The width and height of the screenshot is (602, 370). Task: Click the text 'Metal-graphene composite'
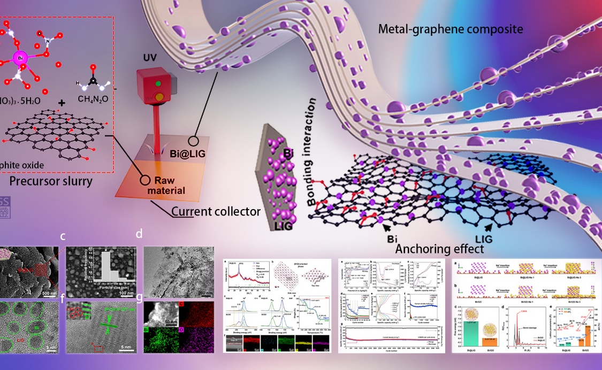pos(450,29)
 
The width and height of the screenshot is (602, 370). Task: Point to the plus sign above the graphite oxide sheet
pos(63,103)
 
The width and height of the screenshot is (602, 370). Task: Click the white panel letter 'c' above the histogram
pos(63,236)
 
